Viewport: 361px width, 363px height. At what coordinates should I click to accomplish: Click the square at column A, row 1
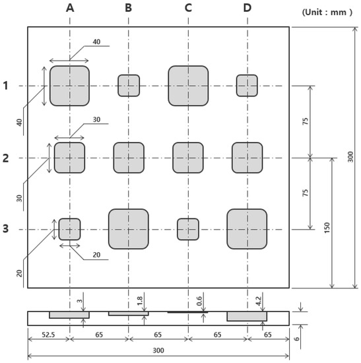(69, 86)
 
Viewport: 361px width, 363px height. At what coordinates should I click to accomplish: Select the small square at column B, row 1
(129, 86)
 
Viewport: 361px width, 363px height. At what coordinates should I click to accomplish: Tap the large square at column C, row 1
(188, 86)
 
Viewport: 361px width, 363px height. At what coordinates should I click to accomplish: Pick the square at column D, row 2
(247, 158)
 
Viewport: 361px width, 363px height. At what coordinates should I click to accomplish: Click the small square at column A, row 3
(69, 229)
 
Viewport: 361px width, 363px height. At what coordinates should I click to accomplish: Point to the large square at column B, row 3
(129, 229)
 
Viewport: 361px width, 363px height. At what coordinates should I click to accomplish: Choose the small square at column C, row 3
(188, 229)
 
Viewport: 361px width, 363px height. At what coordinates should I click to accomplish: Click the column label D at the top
(247, 8)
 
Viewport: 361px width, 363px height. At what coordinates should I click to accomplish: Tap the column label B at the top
(129, 8)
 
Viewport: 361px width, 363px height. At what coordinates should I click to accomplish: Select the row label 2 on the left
(6, 158)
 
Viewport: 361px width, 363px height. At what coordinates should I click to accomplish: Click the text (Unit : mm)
(328, 12)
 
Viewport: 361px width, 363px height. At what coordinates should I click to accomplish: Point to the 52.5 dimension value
(48, 335)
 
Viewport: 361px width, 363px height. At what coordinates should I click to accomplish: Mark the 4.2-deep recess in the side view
(247, 316)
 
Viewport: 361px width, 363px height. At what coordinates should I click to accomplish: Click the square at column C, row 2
(188, 158)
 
